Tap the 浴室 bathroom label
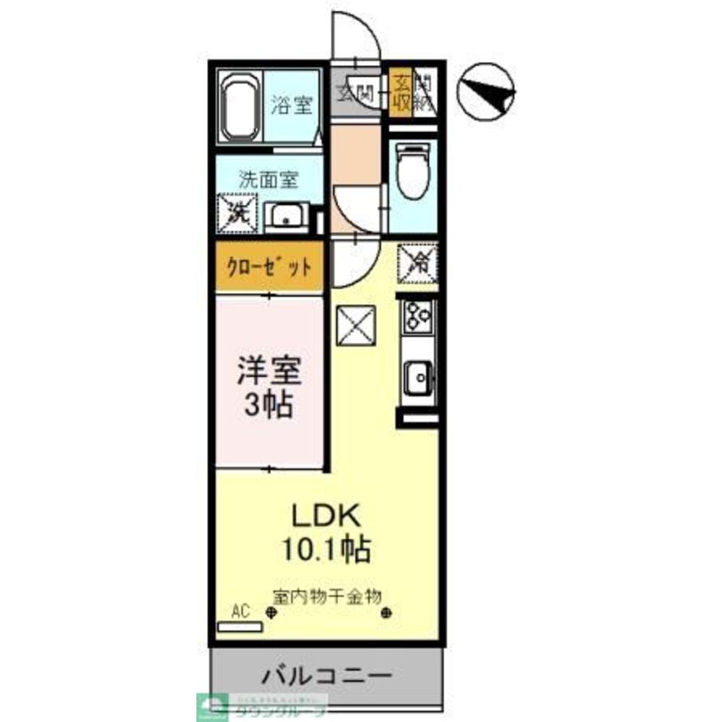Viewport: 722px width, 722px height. pyautogui.click(x=292, y=105)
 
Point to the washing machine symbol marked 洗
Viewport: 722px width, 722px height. pyautogui.click(x=238, y=212)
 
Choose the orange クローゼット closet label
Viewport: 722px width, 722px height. pyautogui.click(x=270, y=267)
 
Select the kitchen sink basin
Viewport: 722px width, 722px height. pyautogui.click(x=417, y=378)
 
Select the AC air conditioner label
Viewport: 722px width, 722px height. pyautogui.click(x=240, y=612)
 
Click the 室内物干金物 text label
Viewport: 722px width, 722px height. pyautogui.click(x=326, y=596)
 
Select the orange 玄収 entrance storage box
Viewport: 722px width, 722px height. pyautogui.click(x=400, y=92)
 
